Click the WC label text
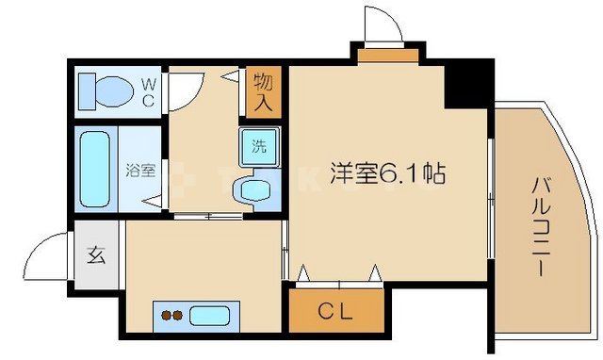coord(149,90)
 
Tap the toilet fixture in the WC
coord(105,91)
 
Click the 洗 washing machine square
coord(257,145)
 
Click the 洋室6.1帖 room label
coord(387,173)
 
